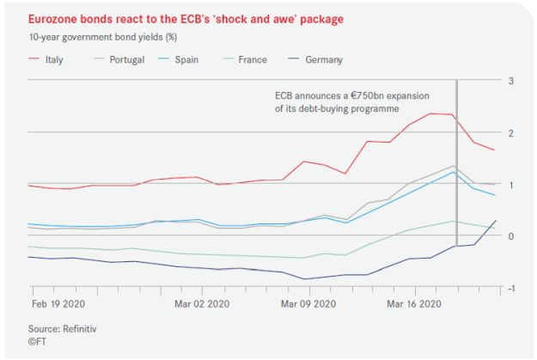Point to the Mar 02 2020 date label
[x=202, y=303]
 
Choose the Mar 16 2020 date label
[x=413, y=303]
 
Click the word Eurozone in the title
[x=53, y=16]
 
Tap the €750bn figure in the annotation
[x=371, y=96]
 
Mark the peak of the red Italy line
[x=431, y=113]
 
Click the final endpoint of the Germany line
[x=496, y=221]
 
